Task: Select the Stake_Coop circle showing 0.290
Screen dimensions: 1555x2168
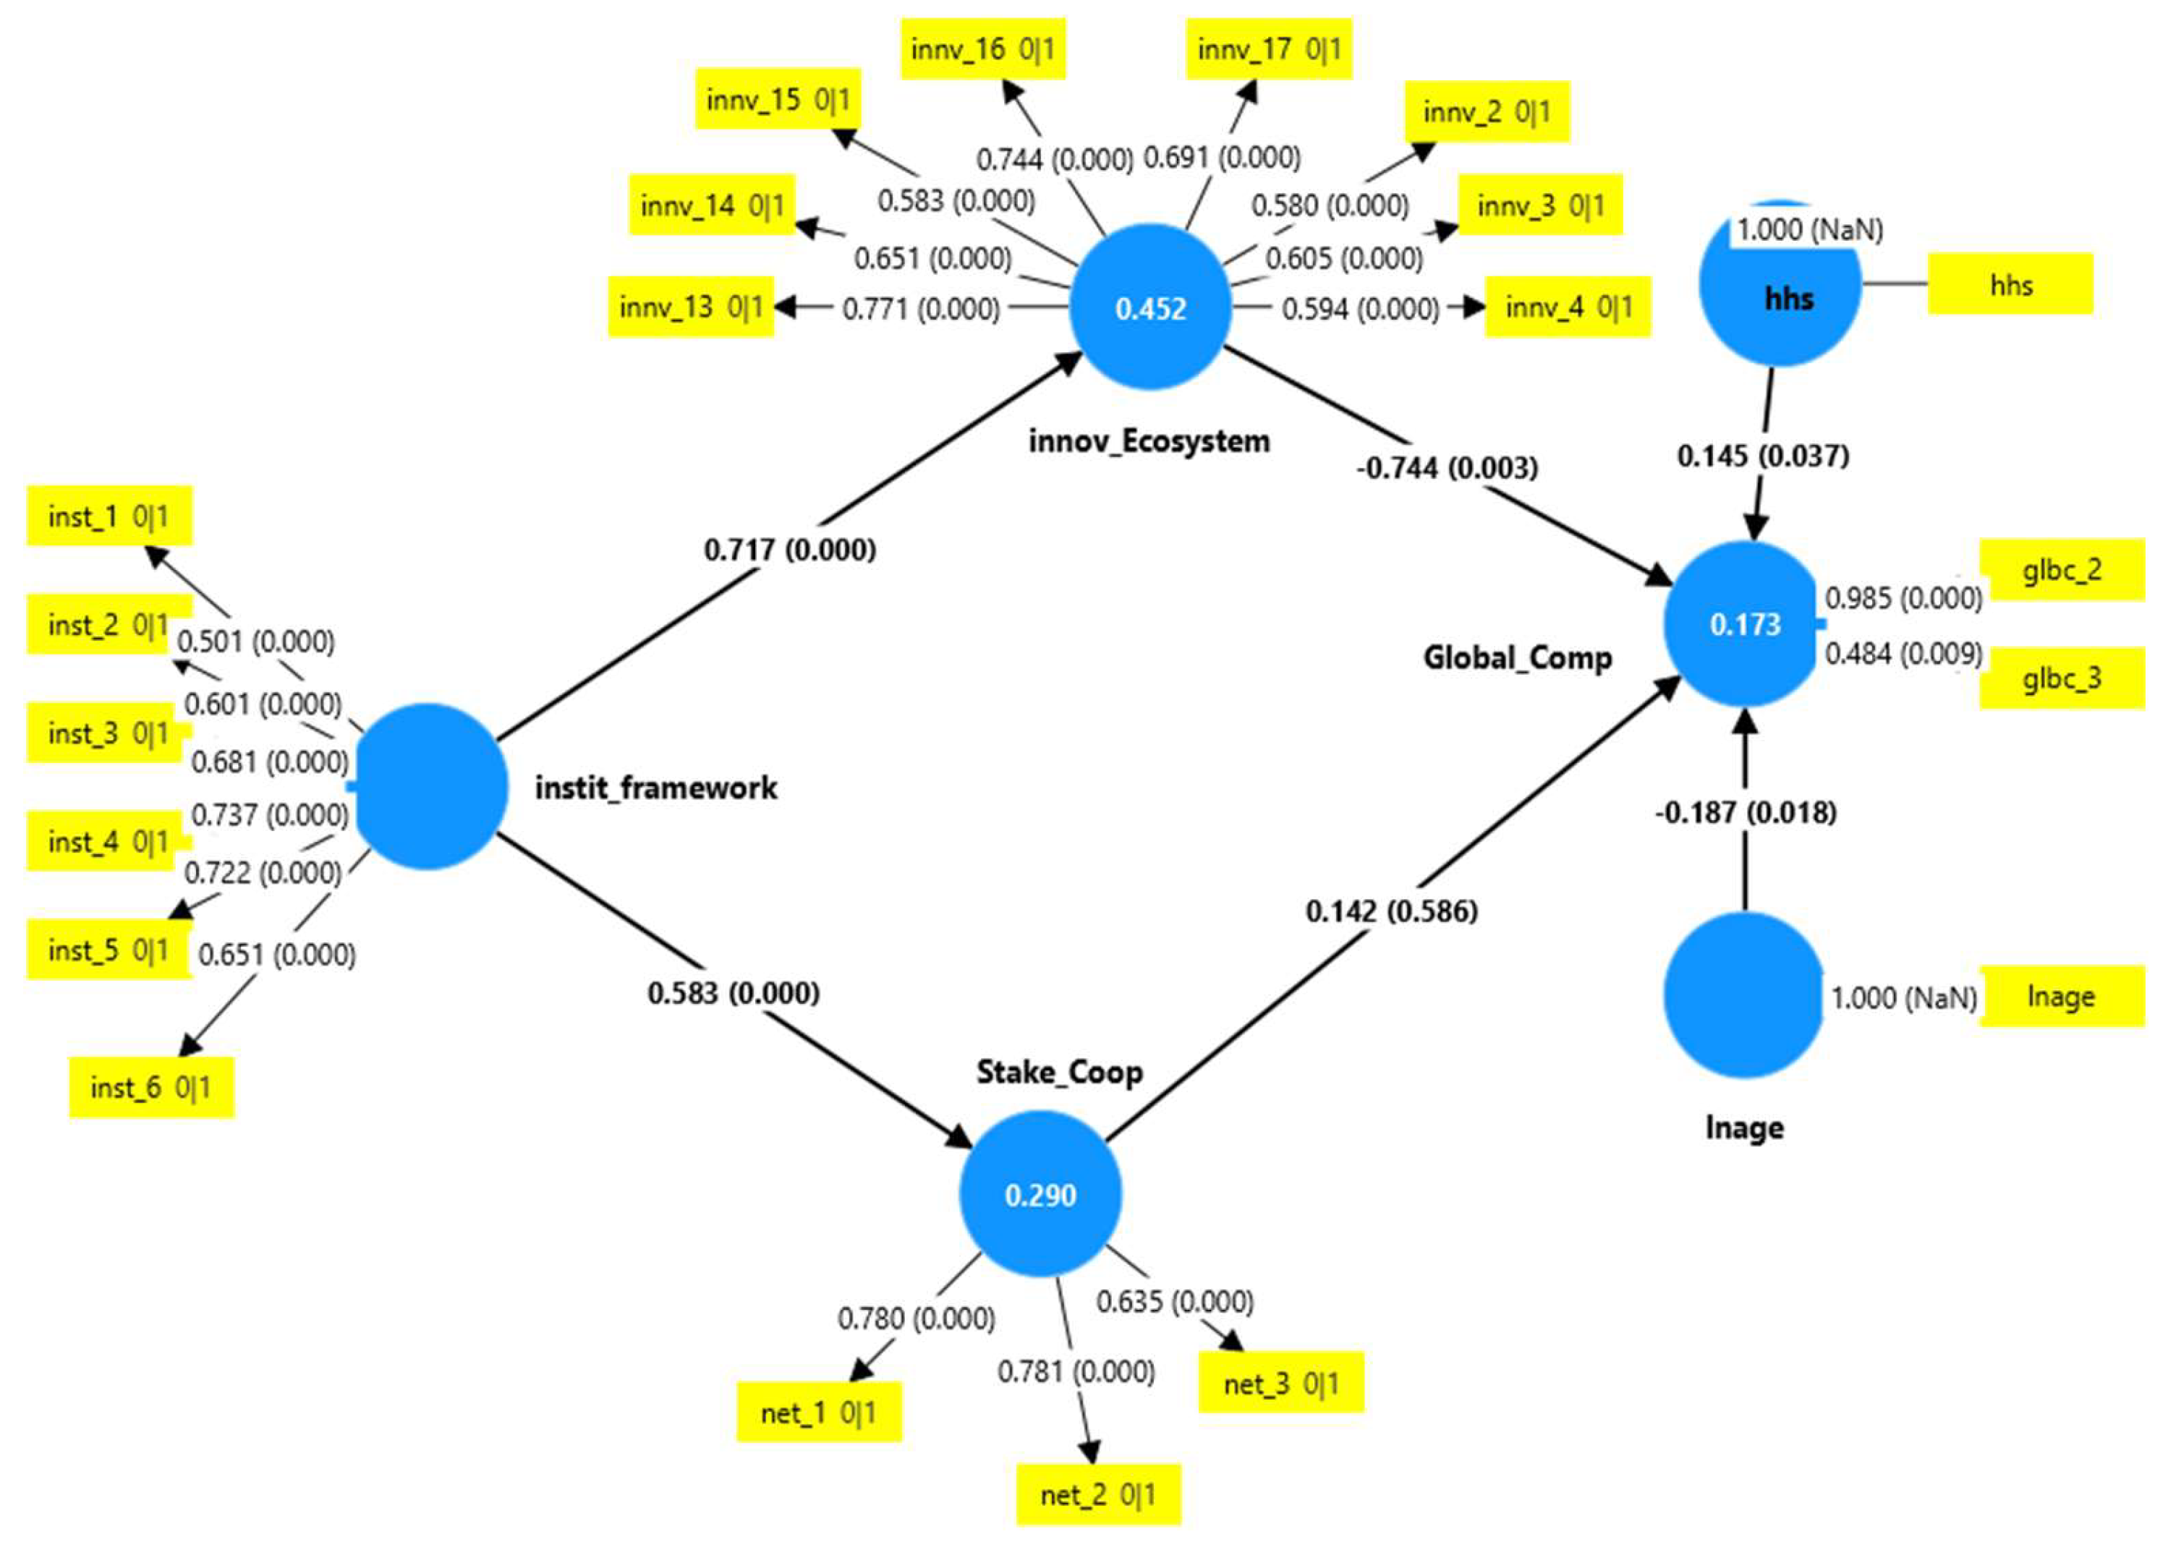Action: coord(1040,1193)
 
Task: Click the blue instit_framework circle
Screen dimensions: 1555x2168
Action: coord(428,785)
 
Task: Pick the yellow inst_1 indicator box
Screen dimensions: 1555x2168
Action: coord(109,516)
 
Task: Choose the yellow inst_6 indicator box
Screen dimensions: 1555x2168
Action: coord(151,1086)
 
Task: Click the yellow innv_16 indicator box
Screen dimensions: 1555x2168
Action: coord(982,48)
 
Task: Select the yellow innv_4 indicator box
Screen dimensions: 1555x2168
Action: coord(1568,307)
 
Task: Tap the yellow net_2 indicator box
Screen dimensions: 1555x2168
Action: coord(1098,1494)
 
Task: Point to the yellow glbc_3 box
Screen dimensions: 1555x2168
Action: coord(2061,678)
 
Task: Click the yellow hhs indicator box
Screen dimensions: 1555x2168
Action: coord(2010,284)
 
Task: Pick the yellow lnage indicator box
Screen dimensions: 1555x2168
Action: coord(2061,997)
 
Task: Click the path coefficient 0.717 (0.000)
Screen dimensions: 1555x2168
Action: coord(790,550)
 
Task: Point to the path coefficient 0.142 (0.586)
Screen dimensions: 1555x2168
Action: coord(1392,911)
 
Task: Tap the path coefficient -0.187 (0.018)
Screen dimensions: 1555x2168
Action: coord(1746,812)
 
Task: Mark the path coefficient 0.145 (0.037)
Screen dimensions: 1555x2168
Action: coord(1763,456)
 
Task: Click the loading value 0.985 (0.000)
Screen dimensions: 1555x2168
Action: coord(1903,598)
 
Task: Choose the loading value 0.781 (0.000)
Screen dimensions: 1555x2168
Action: coord(1076,1371)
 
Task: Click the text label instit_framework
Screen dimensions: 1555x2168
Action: coord(655,788)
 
